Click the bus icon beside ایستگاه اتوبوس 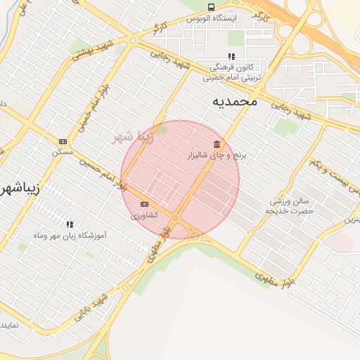point(211,7)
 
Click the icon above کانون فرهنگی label point(230,57)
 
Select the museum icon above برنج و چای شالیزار point(215,143)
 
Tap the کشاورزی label point(144,215)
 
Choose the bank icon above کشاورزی point(144,204)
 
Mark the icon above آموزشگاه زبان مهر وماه point(69,224)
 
